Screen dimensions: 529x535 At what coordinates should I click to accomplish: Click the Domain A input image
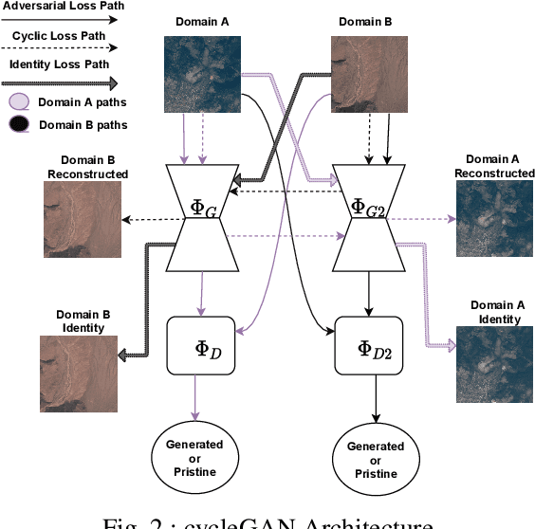201,67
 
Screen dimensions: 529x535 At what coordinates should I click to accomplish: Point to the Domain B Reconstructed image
81,219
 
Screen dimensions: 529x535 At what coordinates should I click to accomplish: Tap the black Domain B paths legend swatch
19,124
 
